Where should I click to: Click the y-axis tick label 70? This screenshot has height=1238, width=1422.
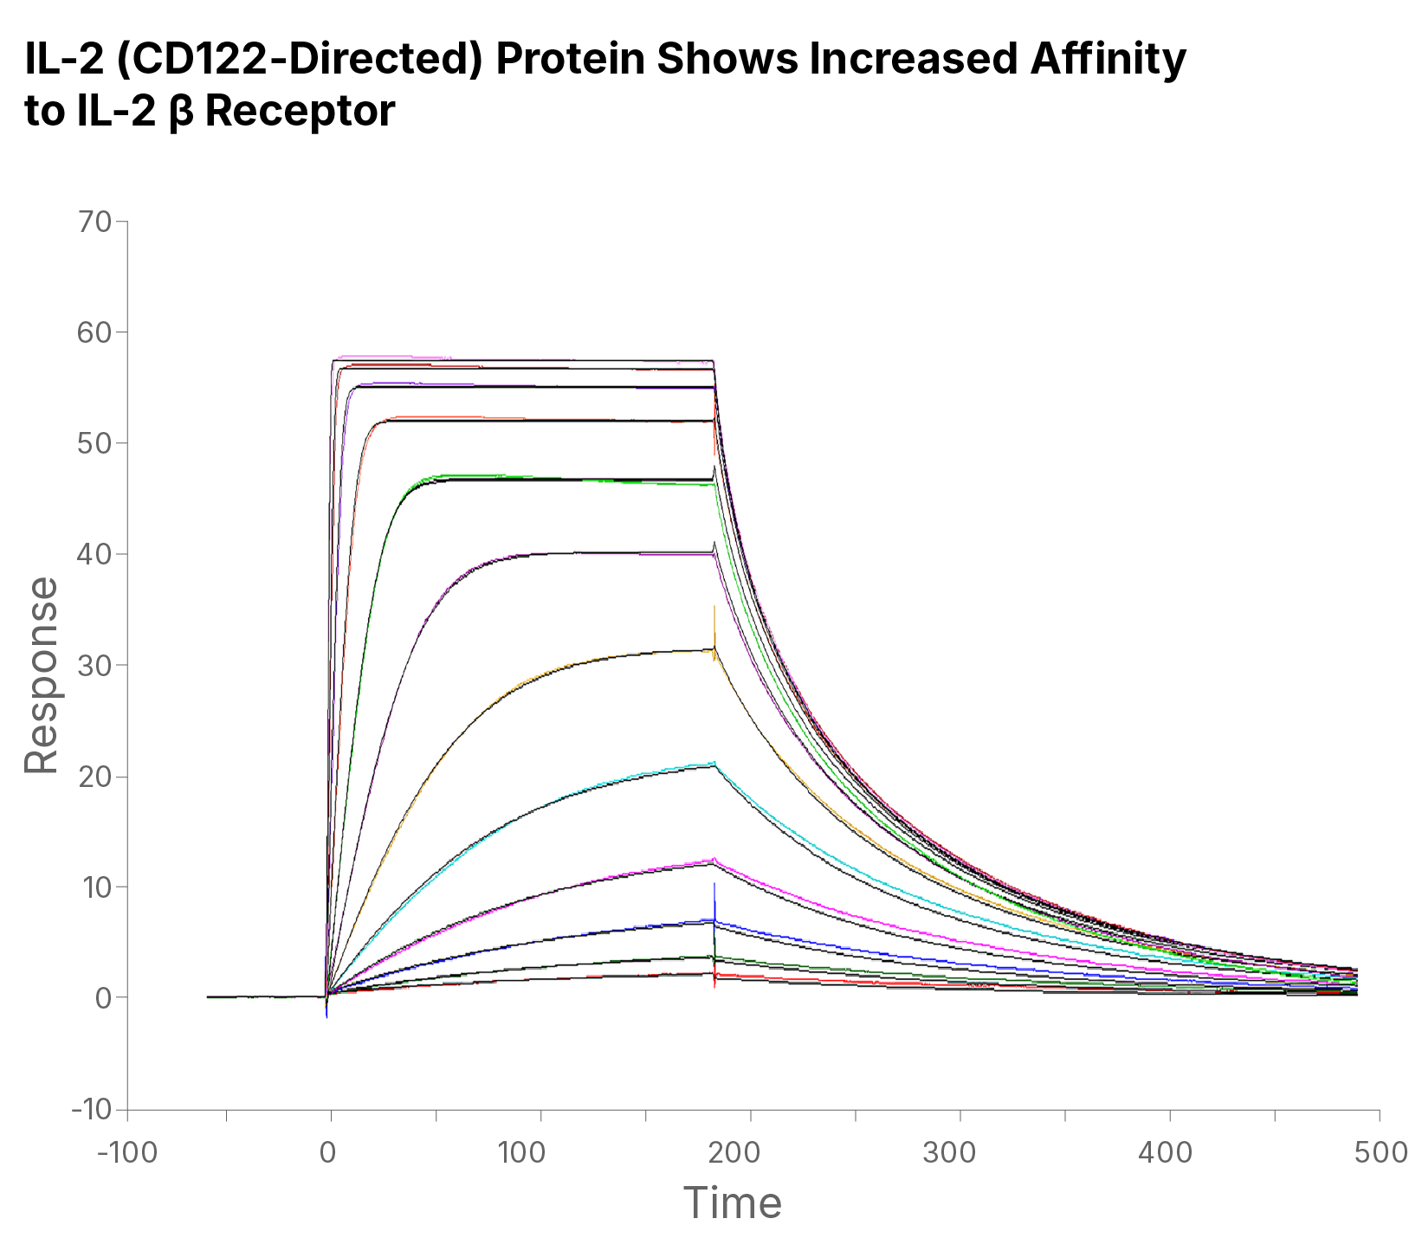point(94,222)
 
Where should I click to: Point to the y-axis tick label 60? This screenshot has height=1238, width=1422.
point(94,333)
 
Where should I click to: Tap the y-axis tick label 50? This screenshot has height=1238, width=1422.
point(94,444)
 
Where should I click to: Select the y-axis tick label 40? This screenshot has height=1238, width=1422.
point(94,555)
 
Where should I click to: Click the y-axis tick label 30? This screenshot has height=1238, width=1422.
point(94,666)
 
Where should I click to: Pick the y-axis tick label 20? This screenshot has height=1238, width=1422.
point(94,777)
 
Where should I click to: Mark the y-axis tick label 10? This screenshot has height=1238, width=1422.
point(94,887)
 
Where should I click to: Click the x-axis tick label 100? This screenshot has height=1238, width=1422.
point(540,1153)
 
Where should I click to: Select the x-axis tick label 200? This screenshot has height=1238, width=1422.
point(750,1153)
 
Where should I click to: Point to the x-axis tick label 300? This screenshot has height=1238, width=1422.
point(960,1153)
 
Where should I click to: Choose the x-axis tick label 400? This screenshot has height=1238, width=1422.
point(1169,1153)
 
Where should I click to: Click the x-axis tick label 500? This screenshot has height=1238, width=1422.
point(1379,1153)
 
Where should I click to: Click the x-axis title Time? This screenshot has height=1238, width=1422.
point(732,1203)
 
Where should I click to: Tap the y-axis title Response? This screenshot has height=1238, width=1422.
point(41,676)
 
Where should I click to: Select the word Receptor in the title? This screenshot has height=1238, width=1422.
point(300,111)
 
